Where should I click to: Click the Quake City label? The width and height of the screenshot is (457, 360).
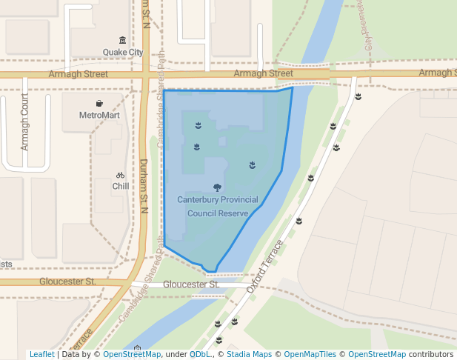(122, 53)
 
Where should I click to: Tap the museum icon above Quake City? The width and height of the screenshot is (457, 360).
(122, 40)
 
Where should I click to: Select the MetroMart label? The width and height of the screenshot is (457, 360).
(99, 116)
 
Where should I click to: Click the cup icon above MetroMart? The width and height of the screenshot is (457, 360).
(99, 103)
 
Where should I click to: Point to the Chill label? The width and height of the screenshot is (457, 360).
(121, 187)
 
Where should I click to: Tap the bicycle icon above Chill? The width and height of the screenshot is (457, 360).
(121, 176)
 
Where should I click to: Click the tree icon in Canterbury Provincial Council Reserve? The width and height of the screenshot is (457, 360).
(217, 188)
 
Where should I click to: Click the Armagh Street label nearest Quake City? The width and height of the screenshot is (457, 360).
(78, 74)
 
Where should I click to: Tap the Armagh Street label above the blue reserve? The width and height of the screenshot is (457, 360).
(263, 73)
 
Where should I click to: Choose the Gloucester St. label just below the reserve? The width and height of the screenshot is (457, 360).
(191, 284)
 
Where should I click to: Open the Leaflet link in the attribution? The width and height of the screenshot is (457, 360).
(41, 355)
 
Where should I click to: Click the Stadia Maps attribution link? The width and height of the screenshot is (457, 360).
(248, 355)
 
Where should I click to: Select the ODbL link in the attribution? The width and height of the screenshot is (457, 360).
(200, 355)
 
